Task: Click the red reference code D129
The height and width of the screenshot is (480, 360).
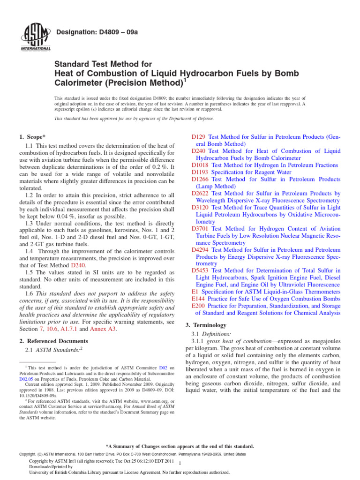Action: pyautogui.click(x=198, y=136)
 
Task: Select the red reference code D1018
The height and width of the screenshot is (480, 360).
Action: pyautogui.click(x=200, y=165)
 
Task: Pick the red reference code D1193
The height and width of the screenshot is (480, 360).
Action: pyautogui.click(x=200, y=172)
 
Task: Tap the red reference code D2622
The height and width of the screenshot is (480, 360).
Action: pyautogui.click(x=200, y=193)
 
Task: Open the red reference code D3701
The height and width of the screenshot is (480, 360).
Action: pyautogui.click(x=200, y=229)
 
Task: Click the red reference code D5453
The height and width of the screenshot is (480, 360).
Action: pyautogui.click(x=200, y=270)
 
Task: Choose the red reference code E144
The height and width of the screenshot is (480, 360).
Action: pyautogui.click(x=199, y=299)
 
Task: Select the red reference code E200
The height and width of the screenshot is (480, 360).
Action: pyautogui.click(x=199, y=306)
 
